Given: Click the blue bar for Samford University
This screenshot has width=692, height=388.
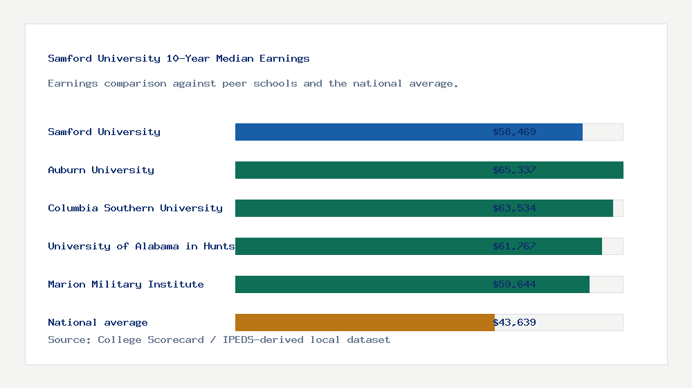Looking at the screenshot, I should [x=360, y=132].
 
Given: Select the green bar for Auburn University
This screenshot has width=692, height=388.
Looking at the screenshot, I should [x=360, y=170].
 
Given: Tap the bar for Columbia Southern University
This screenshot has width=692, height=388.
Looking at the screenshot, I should [x=360, y=208].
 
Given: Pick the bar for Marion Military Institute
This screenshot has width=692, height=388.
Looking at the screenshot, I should [x=360, y=284].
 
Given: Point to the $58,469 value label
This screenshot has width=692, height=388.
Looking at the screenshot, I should [x=514, y=132].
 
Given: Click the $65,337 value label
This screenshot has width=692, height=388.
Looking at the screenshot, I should [x=514, y=170].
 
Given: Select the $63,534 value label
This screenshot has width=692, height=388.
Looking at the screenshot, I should [x=514, y=208].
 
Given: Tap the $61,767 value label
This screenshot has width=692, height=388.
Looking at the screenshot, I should [x=514, y=246].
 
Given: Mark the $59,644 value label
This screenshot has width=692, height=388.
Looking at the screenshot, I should [x=514, y=284].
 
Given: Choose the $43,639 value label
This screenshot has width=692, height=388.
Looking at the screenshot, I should [x=514, y=322].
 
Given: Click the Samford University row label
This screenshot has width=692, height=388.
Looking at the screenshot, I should [x=104, y=132].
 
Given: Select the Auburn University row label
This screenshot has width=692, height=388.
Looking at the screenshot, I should [x=101, y=170].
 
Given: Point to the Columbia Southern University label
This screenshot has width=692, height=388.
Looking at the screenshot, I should [x=135, y=208].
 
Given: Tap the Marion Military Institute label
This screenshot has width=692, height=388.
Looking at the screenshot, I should [x=126, y=284].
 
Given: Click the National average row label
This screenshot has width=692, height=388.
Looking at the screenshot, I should [x=98, y=322].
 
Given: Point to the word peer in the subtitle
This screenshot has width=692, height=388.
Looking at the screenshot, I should [x=235, y=83].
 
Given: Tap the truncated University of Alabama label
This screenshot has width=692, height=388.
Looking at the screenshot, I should [x=141, y=246].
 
